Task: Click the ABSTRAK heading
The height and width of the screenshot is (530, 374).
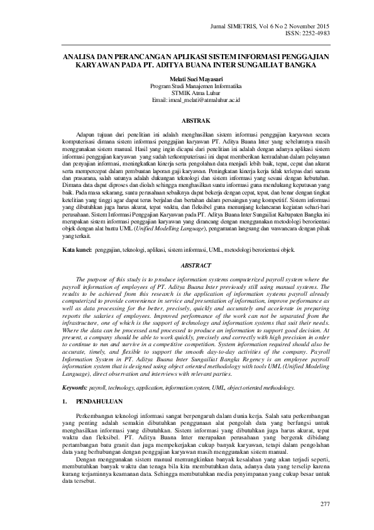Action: click(187, 119)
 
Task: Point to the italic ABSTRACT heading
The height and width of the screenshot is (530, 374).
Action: click(187, 266)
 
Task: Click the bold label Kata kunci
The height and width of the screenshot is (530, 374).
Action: click(76, 251)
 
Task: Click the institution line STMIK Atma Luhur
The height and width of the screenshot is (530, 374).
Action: click(187, 93)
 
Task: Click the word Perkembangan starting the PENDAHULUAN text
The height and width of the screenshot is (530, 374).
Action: click(97, 417)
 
